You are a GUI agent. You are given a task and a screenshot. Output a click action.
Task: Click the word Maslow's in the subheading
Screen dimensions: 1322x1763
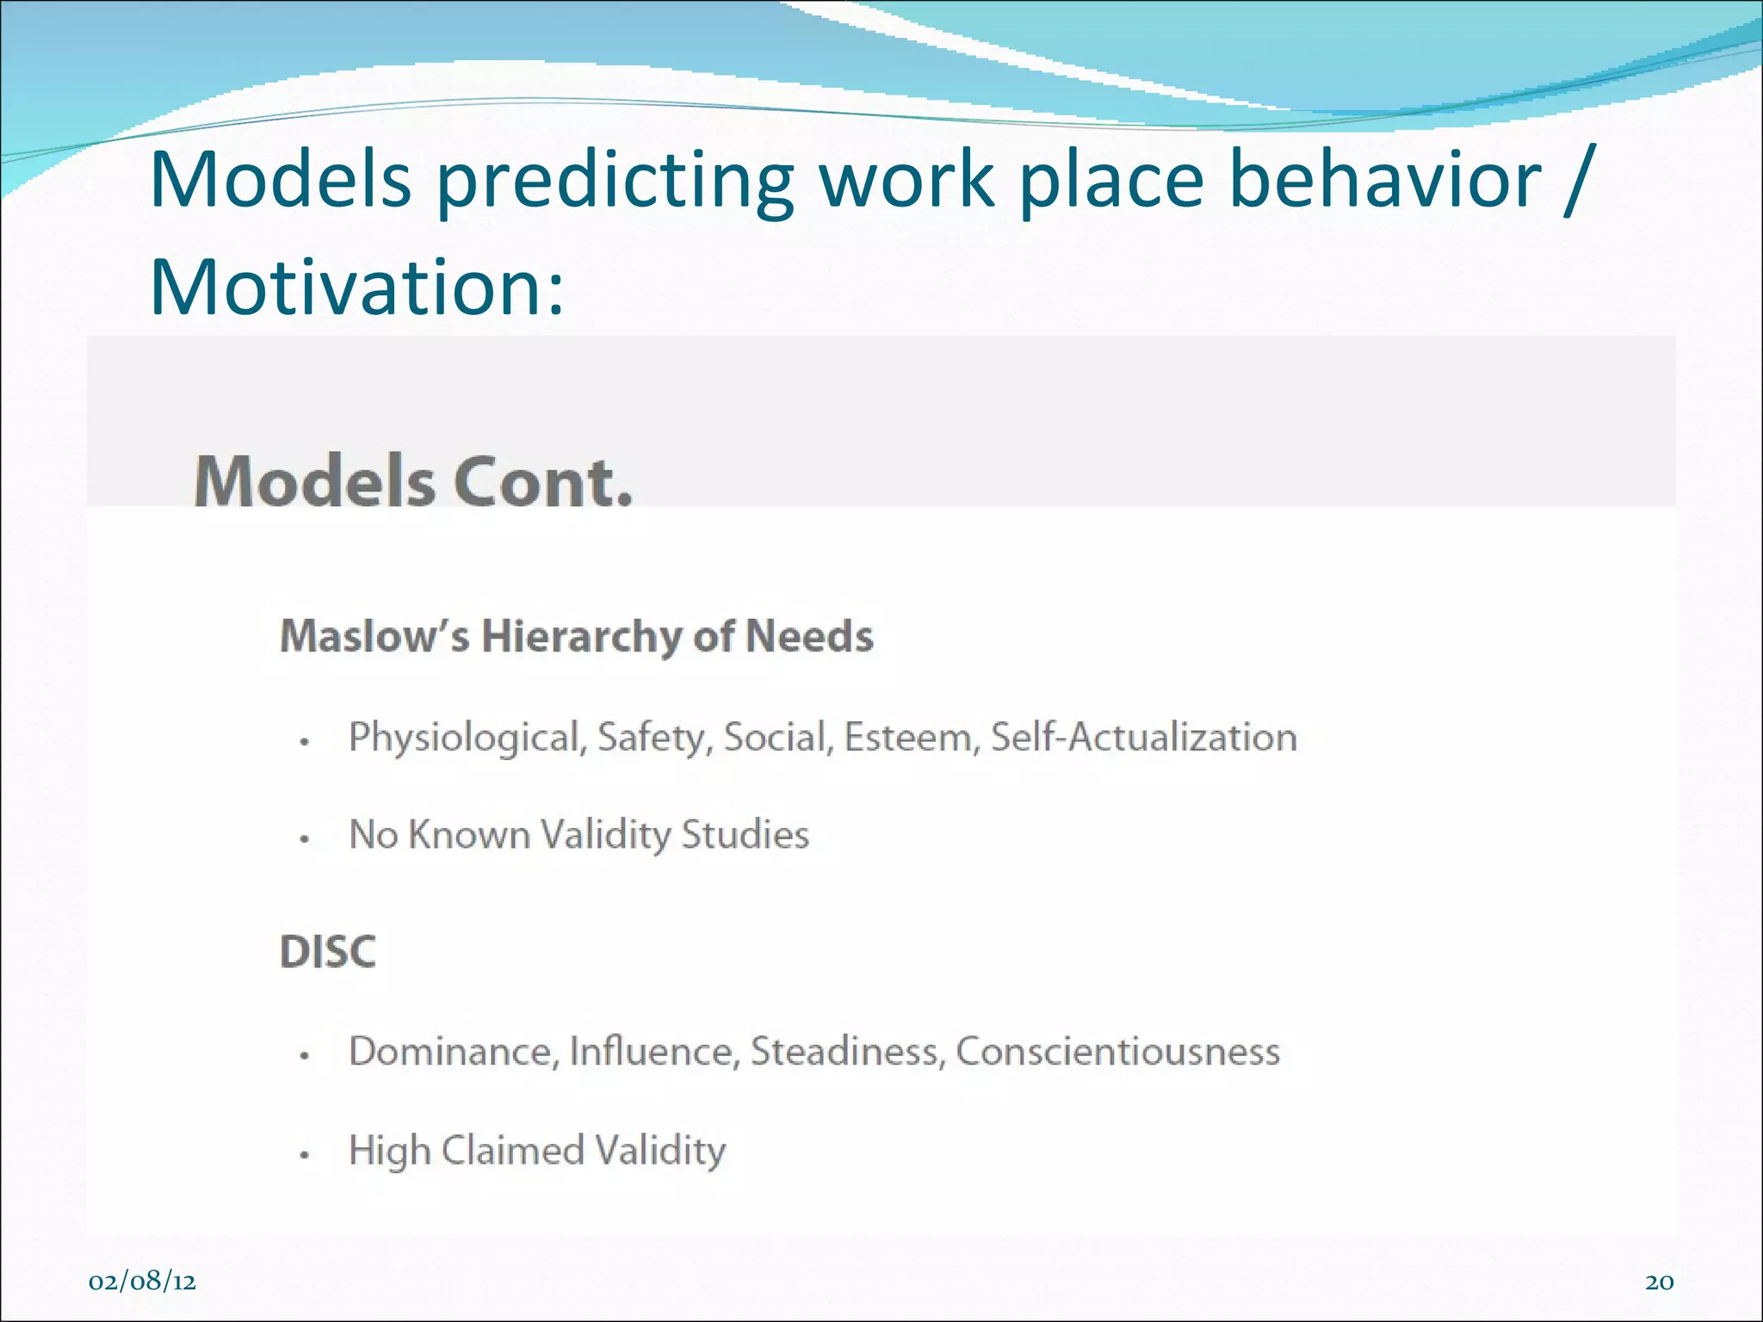tap(374, 636)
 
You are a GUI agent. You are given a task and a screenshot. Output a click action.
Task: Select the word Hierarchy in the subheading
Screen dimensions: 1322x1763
tap(581, 638)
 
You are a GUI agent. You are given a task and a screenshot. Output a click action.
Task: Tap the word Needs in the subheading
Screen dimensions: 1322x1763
tap(808, 636)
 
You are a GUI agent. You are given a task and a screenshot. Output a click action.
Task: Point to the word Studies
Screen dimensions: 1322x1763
tap(745, 834)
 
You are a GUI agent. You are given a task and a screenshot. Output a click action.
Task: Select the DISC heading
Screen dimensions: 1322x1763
tap(328, 951)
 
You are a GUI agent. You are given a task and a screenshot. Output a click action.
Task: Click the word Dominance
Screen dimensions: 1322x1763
tap(454, 1051)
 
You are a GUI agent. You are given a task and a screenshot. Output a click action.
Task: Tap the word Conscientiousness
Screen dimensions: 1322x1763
tap(1117, 1051)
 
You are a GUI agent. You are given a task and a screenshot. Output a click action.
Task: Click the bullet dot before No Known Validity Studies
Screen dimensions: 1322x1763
tap(304, 838)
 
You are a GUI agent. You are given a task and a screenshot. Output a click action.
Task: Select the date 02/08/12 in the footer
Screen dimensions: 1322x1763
tap(142, 1282)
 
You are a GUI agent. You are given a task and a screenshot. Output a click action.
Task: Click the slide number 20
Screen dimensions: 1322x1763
tap(1659, 1282)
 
